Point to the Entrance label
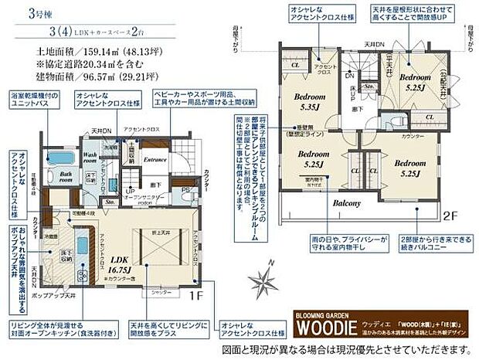pyautogui.click(x=155, y=160)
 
